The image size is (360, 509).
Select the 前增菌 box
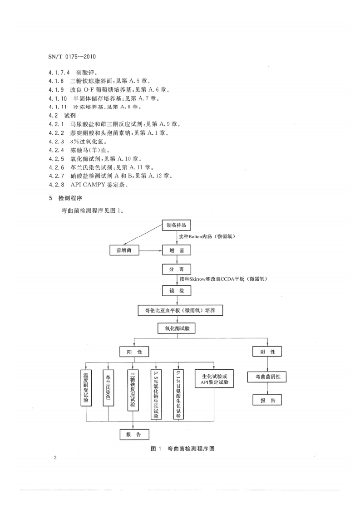click(x=124, y=250)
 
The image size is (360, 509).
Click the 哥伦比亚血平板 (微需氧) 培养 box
click(x=180, y=310)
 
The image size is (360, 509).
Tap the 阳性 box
click(x=134, y=352)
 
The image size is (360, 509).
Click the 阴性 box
click(x=267, y=352)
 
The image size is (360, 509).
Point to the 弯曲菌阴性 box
click(x=267, y=377)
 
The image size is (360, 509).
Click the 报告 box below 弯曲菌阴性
click(x=267, y=400)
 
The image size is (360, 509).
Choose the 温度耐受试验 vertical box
click(x=85, y=388)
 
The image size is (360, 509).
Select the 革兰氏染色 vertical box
click(x=108, y=388)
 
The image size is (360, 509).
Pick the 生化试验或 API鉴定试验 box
click(x=214, y=378)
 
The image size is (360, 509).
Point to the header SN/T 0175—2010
click(x=74, y=58)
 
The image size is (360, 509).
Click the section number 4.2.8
click(x=57, y=185)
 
